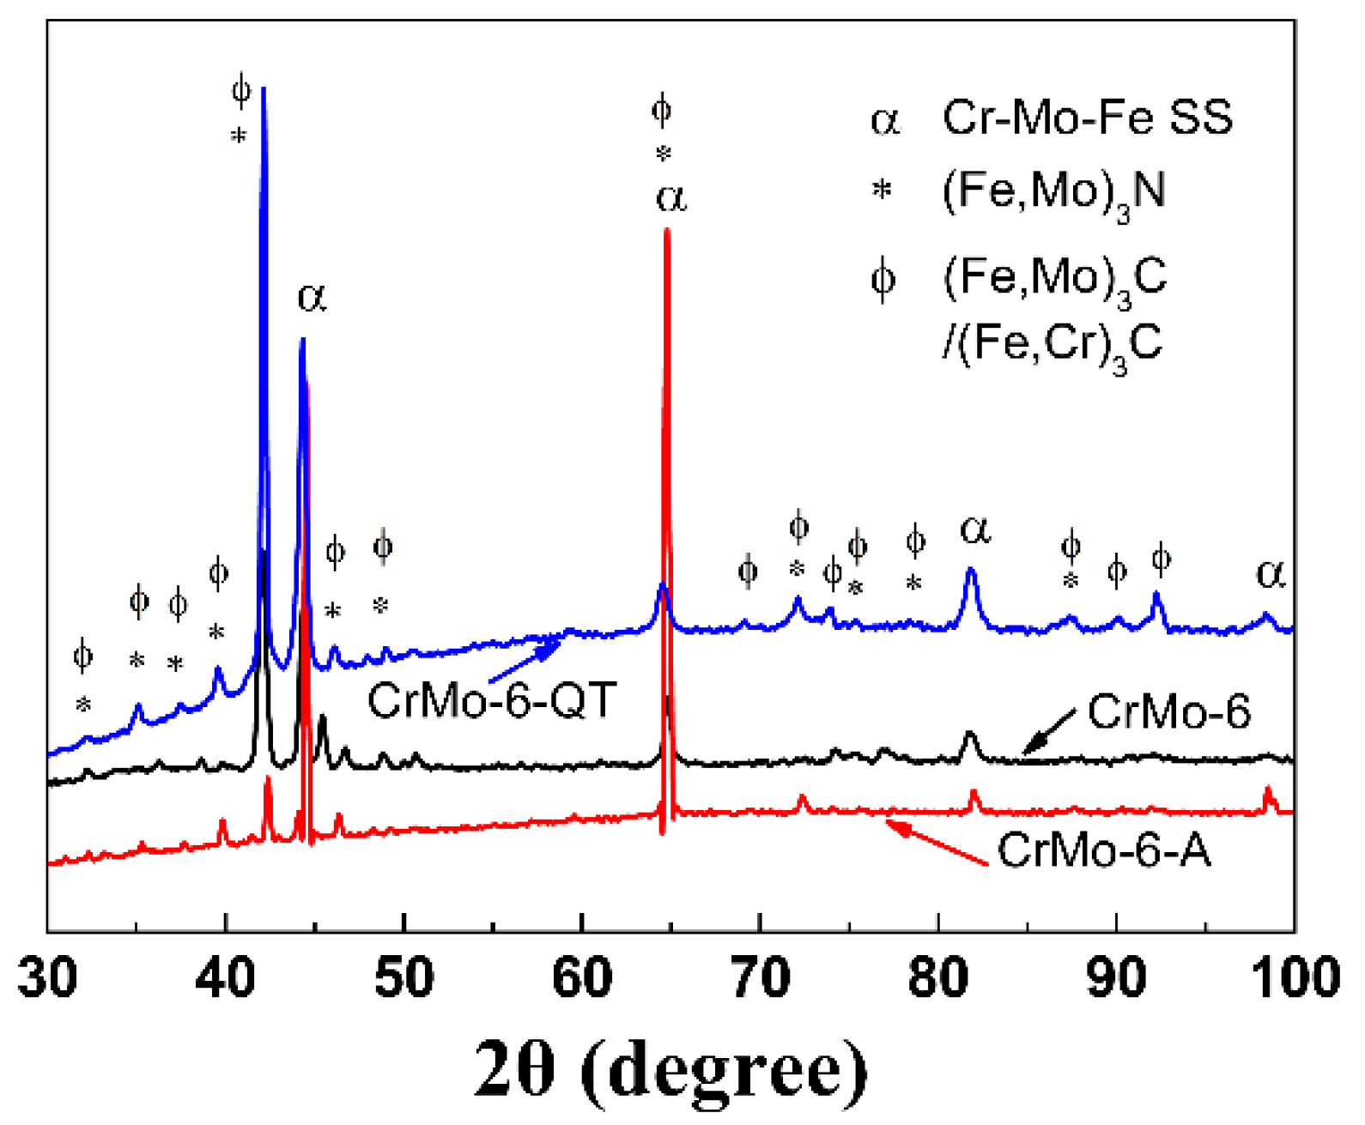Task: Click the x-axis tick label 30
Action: point(48,978)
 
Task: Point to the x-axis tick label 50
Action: point(403,978)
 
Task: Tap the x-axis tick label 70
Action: point(761,978)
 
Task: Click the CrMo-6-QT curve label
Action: point(492,700)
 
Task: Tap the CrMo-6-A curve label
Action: point(1104,850)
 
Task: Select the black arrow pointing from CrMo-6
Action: point(1049,732)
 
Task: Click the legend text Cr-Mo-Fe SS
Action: point(1087,117)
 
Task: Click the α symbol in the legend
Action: point(884,119)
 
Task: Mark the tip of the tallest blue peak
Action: point(264,89)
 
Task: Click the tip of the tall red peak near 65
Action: point(667,230)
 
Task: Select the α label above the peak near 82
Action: point(975,529)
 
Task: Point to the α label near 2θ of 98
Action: point(1271,572)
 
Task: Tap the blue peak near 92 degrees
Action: point(1156,594)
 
